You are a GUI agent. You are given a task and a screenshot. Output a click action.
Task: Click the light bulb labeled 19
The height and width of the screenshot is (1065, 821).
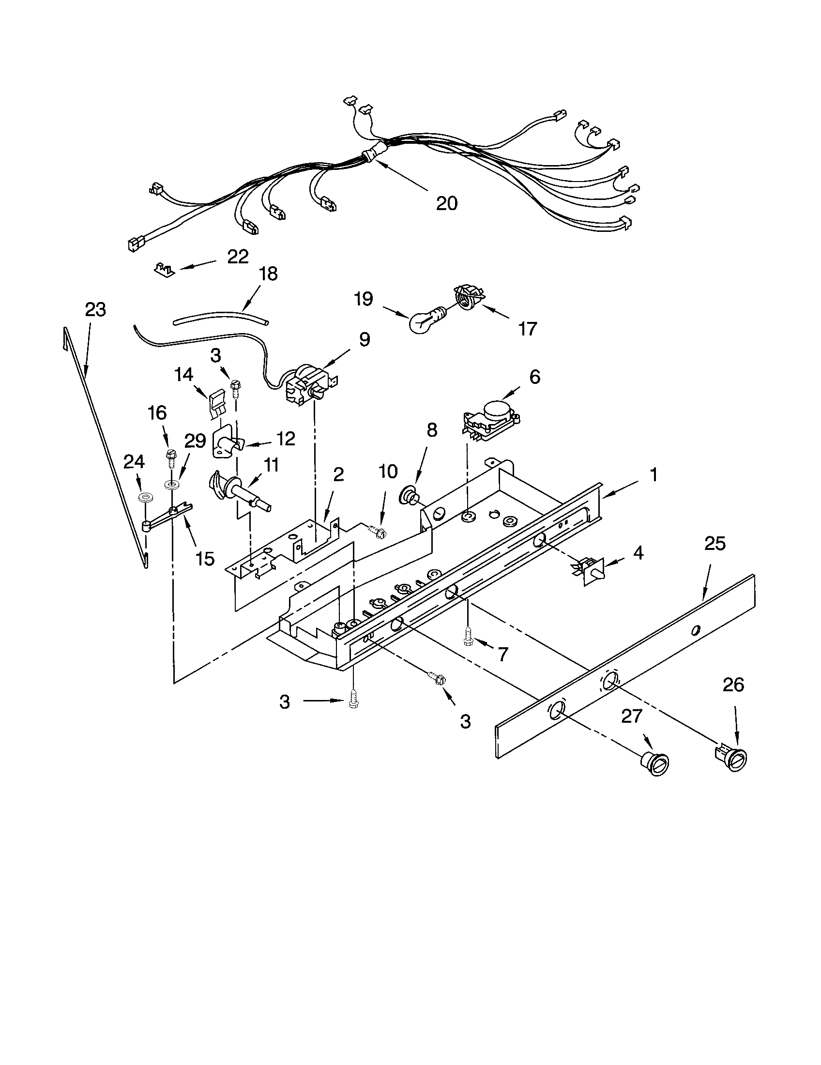click(x=424, y=320)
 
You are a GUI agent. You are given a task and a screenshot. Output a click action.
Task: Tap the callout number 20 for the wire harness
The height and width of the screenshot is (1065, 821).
click(x=447, y=203)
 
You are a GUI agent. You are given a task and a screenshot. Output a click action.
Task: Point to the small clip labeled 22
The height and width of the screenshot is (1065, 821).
click(x=164, y=268)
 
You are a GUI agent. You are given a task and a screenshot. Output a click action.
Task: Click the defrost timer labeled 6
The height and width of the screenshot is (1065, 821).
click(x=490, y=416)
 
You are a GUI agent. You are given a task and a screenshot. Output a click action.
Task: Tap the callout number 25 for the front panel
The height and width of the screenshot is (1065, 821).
click(x=715, y=544)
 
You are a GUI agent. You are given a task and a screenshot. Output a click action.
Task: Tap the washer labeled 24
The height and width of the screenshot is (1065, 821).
click(x=145, y=497)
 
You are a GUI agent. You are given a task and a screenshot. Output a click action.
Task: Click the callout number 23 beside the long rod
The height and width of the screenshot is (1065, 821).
click(x=95, y=309)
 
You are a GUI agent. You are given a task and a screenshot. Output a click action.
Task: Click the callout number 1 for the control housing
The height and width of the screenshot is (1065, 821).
click(x=654, y=474)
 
